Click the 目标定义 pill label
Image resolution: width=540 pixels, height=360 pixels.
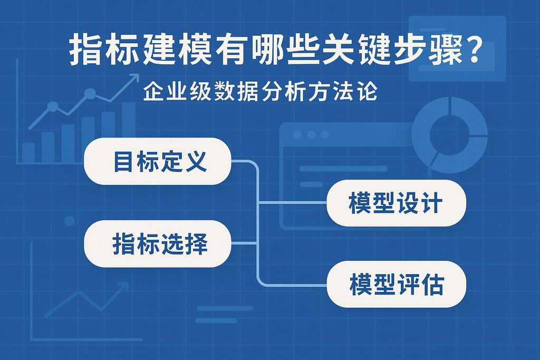tap(158, 161)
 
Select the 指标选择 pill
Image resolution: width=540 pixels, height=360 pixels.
tap(158, 244)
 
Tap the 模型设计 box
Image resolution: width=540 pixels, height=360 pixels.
tap(396, 203)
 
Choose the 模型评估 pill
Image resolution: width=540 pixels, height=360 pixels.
tap(396, 284)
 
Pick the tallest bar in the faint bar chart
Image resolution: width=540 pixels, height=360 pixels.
tap(129, 132)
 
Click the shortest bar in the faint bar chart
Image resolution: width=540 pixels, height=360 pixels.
tap(28, 152)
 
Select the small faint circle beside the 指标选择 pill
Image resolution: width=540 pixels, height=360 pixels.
tap(69, 220)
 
